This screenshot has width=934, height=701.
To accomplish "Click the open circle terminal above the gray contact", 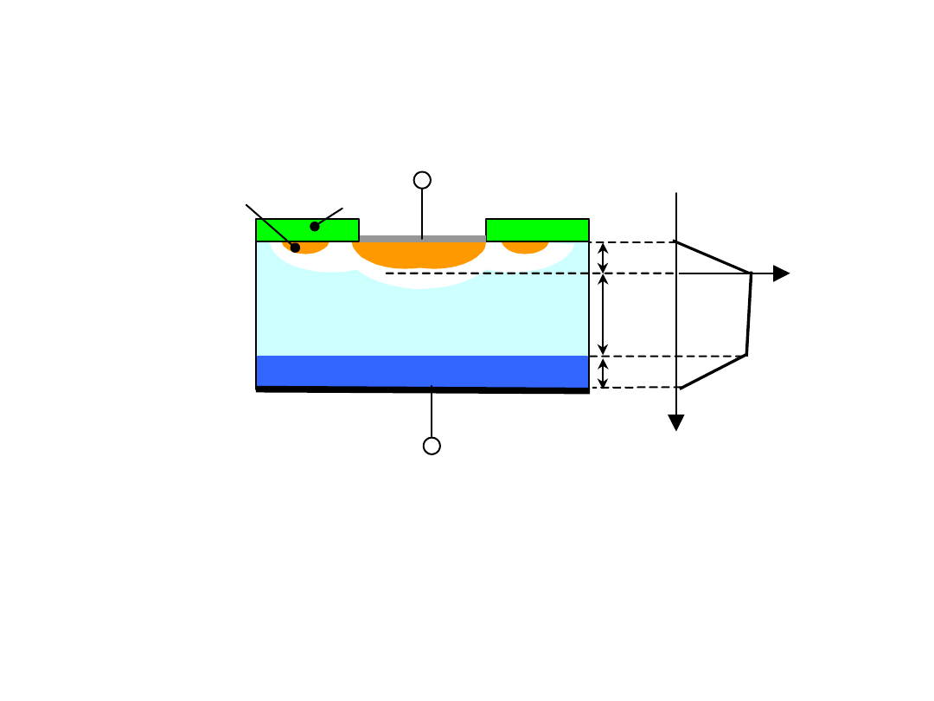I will [x=422, y=180].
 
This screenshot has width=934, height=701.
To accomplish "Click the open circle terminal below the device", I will [x=432, y=446].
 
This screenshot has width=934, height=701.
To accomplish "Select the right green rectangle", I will [x=537, y=229].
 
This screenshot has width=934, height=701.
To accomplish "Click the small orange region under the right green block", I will [x=525, y=248].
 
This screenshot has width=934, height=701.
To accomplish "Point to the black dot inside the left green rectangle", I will [x=315, y=227].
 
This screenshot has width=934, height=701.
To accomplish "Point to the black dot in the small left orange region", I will [x=295, y=248].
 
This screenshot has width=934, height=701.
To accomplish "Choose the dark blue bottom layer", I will [x=422, y=371].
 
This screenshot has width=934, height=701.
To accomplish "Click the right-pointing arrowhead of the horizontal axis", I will [x=781, y=273].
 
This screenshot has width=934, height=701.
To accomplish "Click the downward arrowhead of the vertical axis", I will [x=676, y=422].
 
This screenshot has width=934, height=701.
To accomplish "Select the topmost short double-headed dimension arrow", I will [x=603, y=257].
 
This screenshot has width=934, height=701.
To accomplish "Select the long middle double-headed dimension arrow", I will [x=603, y=314].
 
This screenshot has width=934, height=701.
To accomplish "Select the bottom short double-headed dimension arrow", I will [x=603, y=372].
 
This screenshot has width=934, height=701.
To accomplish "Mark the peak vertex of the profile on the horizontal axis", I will [x=751, y=273].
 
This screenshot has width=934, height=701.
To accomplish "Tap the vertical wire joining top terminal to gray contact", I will [x=422, y=212].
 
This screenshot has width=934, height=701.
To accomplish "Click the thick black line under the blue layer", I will [x=422, y=390].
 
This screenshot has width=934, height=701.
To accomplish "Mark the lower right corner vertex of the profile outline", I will [x=746, y=355].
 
